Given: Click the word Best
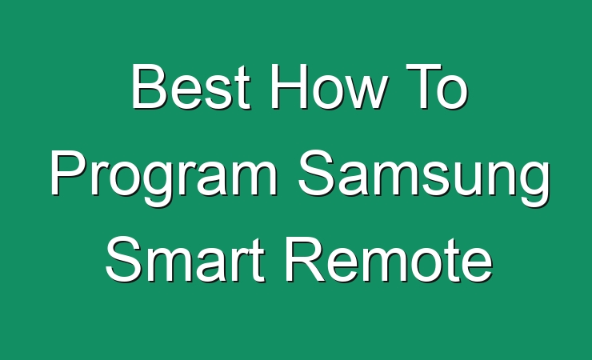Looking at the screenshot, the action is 190,86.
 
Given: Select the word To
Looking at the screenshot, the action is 437,86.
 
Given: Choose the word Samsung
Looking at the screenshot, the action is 424,178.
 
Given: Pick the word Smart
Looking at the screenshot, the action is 185,260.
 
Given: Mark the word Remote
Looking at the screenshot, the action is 390,260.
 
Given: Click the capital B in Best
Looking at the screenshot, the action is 148,86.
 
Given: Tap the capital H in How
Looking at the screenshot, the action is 290,86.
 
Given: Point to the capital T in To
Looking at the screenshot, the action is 424,86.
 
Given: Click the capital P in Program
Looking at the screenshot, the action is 68,173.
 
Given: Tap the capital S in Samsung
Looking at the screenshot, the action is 317,173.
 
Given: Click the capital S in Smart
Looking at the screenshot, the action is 124,260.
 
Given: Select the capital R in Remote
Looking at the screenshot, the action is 304,260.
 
